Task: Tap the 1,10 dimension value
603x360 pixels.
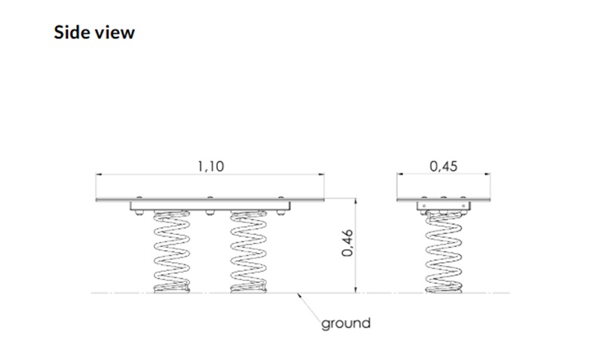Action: pos(210,167)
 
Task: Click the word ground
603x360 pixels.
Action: pos(346,324)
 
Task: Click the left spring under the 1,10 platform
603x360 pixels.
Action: pos(172,252)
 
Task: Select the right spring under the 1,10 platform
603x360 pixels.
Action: pos(248,252)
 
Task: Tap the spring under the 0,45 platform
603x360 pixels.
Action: pos(443,252)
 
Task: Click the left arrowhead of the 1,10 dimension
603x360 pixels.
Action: pos(99,176)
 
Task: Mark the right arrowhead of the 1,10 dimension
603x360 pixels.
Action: pos(324,176)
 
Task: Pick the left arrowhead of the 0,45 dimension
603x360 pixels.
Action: pos(399,176)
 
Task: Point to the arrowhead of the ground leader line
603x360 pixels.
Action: pos(300,294)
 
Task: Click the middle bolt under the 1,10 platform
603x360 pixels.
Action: pos(210,212)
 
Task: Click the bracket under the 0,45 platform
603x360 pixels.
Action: pos(443,206)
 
